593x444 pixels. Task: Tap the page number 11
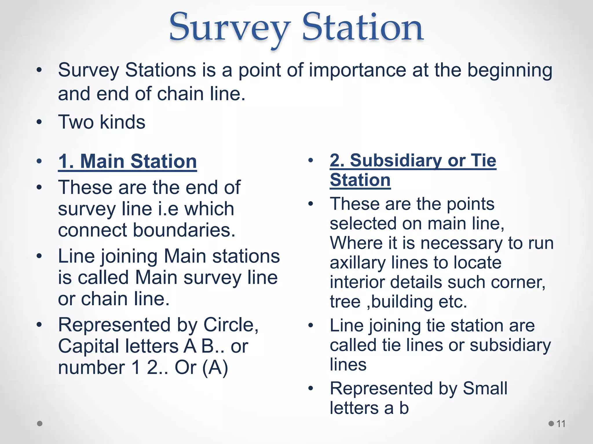(x=561, y=424)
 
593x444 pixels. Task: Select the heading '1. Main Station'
(x=127, y=161)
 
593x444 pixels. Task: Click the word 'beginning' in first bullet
(x=510, y=71)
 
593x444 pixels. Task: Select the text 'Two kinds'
(x=102, y=122)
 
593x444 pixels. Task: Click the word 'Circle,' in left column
(x=231, y=325)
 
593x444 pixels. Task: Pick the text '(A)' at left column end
(x=215, y=368)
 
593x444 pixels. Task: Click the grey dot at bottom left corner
(x=40, y=423)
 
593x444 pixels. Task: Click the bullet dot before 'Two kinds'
(x=39, y=122)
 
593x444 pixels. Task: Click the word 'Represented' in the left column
(x=115, y=325)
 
